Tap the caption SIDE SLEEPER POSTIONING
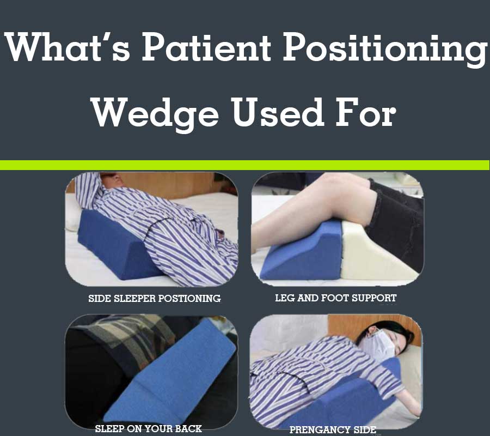tap(154, 298)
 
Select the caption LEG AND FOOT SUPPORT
tap(335, 298)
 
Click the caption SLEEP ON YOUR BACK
tap(148, 428)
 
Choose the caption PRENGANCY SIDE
tap(332, 430)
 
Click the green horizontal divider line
tap(245, 165)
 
